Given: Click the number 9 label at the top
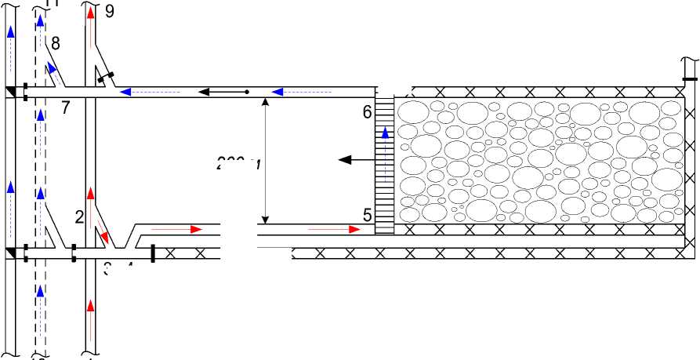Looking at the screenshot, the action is (x=108, y=11).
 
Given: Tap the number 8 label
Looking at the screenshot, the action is (x=55, y=42).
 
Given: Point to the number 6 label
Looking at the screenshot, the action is (x=367, y=112).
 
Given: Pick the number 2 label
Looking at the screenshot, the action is (x=79, y=218).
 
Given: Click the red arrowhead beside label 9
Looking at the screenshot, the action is (x=91, y=13).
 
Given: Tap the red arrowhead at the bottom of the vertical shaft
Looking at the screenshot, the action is (x=91, y=304).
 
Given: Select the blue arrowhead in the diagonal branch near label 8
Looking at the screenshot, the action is (x=50, y=68).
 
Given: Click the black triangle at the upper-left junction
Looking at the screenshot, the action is (x=10, y=93).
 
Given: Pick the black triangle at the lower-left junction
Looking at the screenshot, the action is (x=10, y=252).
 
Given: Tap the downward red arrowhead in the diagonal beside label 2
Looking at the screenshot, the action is (x=103, y=237).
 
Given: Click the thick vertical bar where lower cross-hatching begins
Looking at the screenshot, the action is (x=152, y=252).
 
